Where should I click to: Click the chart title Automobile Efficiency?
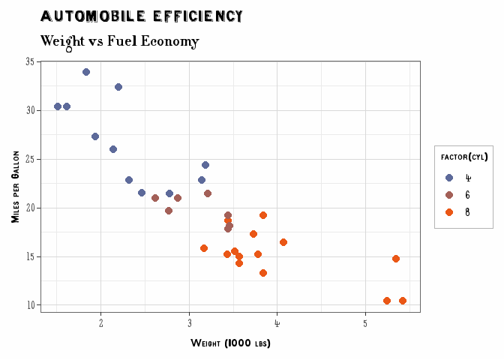pyautogui.click(x=142, y=16)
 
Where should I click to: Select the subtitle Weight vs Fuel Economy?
pyautogui.click(x=119, y=42)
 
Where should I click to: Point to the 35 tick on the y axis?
pyautogui.click(x=30, y=61)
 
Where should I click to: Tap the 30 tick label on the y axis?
pyautogui.click(x=30, y=110)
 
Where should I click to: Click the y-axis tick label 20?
pyautogui.click(x=30, y=208)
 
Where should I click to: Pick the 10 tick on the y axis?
pyautogui.click(x=31, y=305)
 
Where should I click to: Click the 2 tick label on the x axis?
pyautogui.click(x=101, y=323)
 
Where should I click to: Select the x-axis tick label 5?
pyautogui.click(x=365, y=323)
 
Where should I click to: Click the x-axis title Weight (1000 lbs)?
pyautogui.click(x=230, y=343)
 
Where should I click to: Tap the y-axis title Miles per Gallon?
pyautogui.click(x=15, y=187)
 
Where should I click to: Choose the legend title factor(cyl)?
pyautogui.click(x=464, y=157)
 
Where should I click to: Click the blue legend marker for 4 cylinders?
pyautogui.click(x=449, y=178)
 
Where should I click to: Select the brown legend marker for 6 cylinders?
pyautogui.click(x=449, y=195)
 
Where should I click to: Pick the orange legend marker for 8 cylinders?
pyautogui.click(x=449, y=212)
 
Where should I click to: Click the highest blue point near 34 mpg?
pyautogui.click(x=86, y=72)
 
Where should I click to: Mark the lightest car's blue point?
pyautogui.click(x=58, y=106)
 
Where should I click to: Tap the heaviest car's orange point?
pyautogui.click(x=403, y=301)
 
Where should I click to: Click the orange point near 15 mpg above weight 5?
pyautogui.click(x=396, y=259)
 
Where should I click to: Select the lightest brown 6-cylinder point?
pyautogui.click(x=155, y=198)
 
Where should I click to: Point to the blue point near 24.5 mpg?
pyautogui.click(x=205, y=165)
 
